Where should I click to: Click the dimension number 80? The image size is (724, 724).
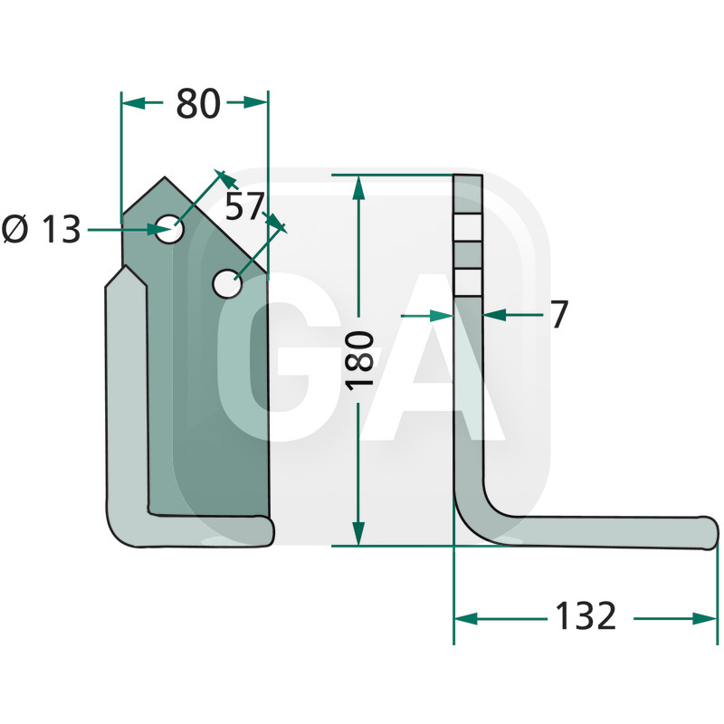pyautogui.click(x=198, y=104)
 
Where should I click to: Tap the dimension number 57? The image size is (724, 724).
pyautogui.click(x=244, y=206)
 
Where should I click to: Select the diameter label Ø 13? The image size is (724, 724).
pyautogui.click(x=42, y=230)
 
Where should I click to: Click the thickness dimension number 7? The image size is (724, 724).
pyautogui.click(x=560, y=314)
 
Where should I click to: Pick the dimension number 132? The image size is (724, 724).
pyautogui.click(x=586, y=615)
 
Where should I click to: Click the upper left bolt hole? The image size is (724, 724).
pyautogui.click(x=169, y=229)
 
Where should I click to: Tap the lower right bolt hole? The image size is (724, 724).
pyautogui.click(x=227, y=283)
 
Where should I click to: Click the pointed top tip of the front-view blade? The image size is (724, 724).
pyautogui.click(x=165, y=177)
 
